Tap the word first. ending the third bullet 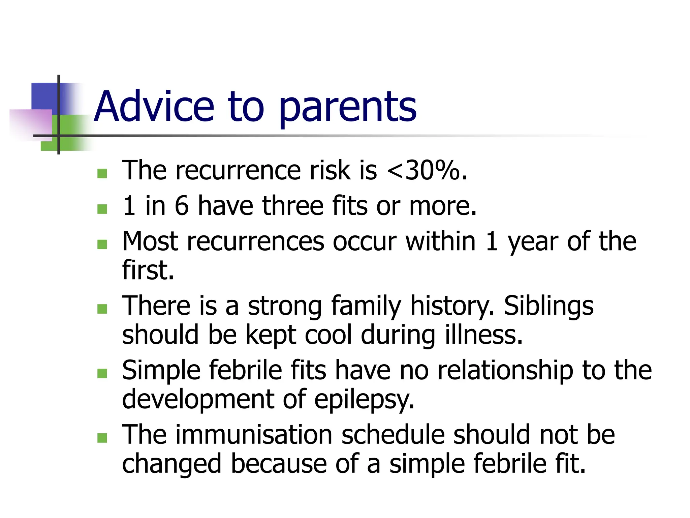click(x=148, y=270)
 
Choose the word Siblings click(x=548, y=306)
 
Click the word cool click(x=328, y=335)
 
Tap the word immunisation click(x=254, y=435)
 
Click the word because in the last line click(x=279, y=464)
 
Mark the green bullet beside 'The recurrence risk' click(x=102, y=173)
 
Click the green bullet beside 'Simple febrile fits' click(x=102, y=373)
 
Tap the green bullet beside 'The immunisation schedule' click(x=102, y=438)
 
